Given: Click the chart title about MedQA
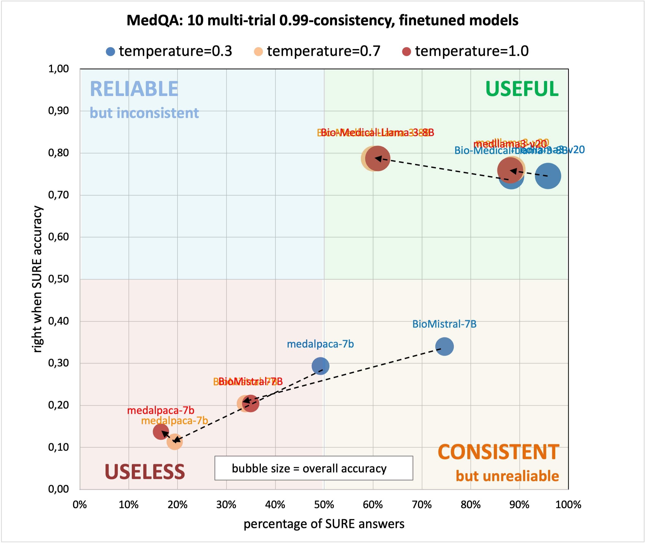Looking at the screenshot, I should tap(322, 20).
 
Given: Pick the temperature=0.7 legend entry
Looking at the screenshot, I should tap(317, 51).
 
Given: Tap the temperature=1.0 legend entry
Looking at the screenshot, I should tap(466, 51).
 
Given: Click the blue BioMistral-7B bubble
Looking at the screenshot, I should tap(444, 346).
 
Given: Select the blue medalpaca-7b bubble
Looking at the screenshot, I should tap(320, 366).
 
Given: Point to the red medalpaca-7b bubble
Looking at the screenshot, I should tap(161, 431).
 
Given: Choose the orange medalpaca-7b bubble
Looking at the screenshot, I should tap(175, 442).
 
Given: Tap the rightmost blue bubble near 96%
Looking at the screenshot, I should tap(548, 176).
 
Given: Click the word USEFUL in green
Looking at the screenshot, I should tap(522, 89).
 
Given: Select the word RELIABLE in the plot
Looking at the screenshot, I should tap(134, 89).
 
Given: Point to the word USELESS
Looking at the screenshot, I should tap(145, 472).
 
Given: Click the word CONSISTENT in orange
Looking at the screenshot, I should tap(498, 452).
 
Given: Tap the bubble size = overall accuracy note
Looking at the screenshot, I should tap(314, 468).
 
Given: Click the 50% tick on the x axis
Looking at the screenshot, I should tap(324, 505).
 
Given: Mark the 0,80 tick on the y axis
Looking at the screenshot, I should tap(59, 153).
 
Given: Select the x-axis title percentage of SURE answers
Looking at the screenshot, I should tap(324, 524).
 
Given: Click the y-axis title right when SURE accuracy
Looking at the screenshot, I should tap(37, 279).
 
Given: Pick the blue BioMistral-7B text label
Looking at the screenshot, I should tap(444, 324).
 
